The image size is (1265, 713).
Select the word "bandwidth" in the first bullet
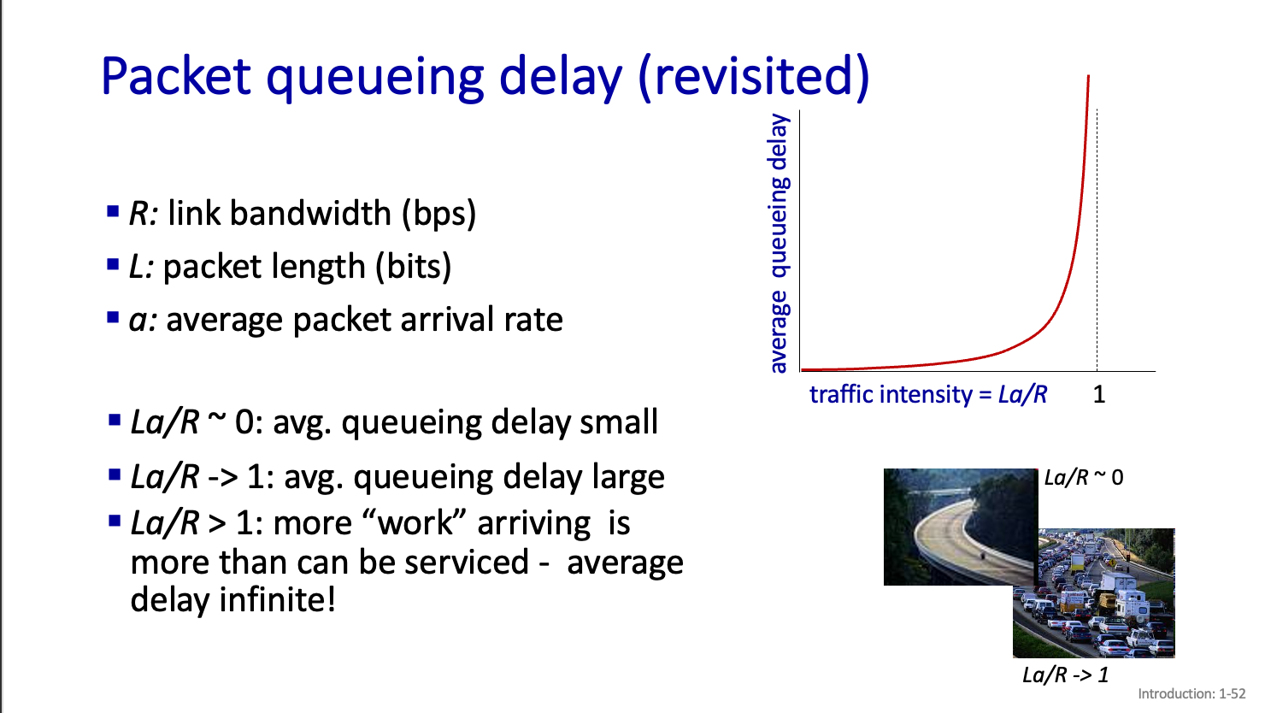[310, 214]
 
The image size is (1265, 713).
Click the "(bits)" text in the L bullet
[414, 267]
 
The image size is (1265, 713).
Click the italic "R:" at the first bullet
[144, 214]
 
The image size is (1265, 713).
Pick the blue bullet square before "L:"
[113, 264]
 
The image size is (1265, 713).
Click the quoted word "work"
[415, 523]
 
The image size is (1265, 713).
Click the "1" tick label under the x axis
[1099, 394]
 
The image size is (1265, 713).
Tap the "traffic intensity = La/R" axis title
[928, 394]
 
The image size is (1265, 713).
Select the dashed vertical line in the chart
[1097, 240]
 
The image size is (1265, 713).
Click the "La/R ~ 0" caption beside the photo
[1084, 478]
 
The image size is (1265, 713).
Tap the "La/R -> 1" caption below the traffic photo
[1066, 675]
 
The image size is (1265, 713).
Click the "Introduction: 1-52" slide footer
[1191, 694]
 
